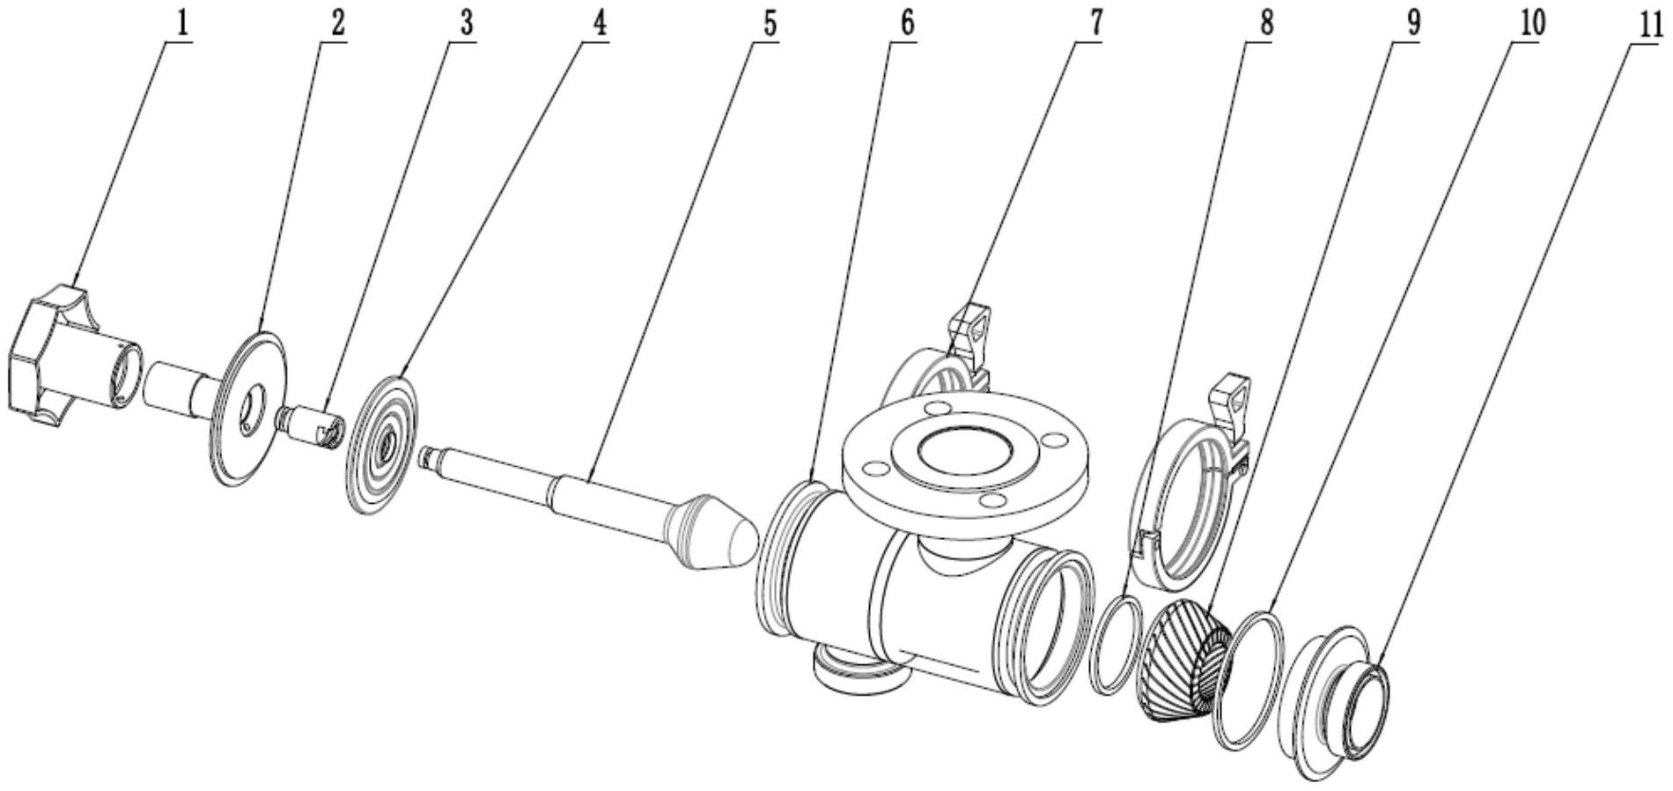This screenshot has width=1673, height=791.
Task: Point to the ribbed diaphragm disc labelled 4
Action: coord(384,446)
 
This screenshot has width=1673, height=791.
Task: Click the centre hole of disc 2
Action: coord(252,409)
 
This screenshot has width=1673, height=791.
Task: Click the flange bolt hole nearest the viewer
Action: coord(993,500)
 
